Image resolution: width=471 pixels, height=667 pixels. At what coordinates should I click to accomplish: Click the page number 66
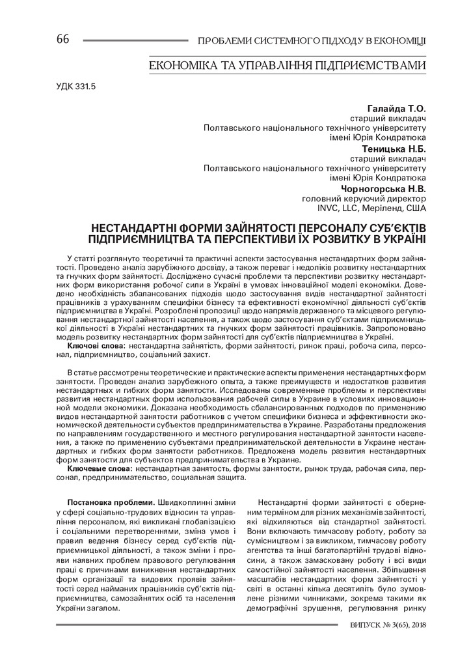click(x=62, y=40)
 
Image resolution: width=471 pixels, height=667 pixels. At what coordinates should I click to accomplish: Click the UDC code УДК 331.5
click(x=72, y=86)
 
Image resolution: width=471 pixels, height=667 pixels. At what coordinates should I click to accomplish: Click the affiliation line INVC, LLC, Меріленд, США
click(x=371, y=209)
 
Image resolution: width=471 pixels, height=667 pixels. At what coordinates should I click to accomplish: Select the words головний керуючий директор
click(x=364, y=199)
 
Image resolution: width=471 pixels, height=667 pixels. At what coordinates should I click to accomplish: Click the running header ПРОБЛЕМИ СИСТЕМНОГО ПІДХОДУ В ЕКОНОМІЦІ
click(x=312, y=41)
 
